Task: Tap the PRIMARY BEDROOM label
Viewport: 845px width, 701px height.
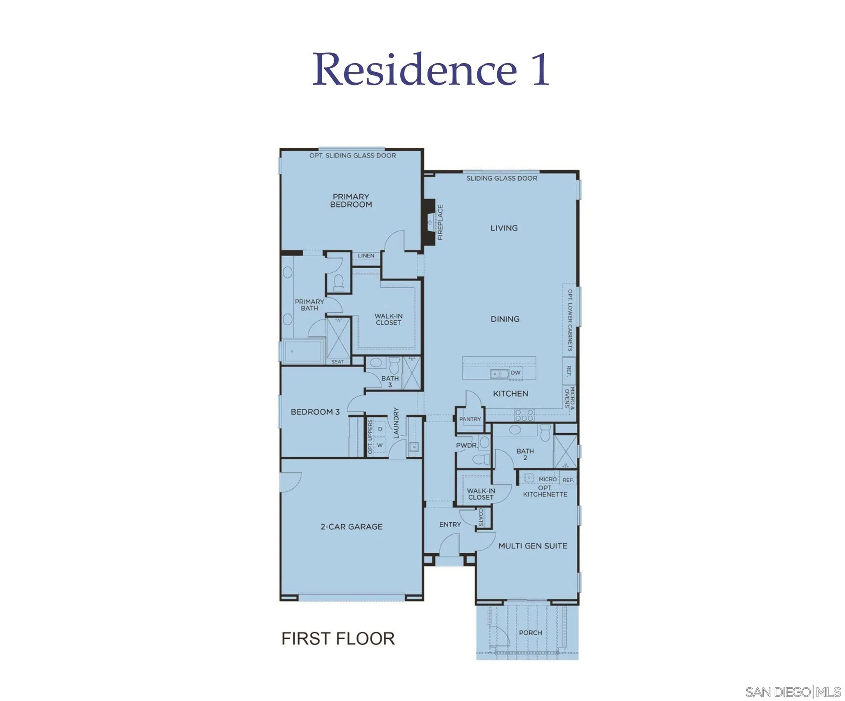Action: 351,201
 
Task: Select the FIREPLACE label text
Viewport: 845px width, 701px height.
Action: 440,222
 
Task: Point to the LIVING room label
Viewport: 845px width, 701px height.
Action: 504,228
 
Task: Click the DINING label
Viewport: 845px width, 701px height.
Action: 505,319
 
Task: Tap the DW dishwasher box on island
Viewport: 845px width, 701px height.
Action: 515,373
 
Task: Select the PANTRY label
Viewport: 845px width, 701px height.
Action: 470,419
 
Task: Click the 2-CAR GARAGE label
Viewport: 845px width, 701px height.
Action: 352,526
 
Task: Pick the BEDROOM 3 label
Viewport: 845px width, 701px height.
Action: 315,412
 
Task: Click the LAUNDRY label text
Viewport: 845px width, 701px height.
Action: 396,423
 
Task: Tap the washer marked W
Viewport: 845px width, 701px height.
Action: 380,446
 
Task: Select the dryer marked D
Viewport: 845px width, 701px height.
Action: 380,429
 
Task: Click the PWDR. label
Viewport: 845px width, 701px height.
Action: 467,446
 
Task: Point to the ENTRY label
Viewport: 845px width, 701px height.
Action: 450,524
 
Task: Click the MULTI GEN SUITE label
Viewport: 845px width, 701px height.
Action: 532,546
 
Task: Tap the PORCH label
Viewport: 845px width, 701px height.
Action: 530,633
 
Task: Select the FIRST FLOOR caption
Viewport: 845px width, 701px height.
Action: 338,639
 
